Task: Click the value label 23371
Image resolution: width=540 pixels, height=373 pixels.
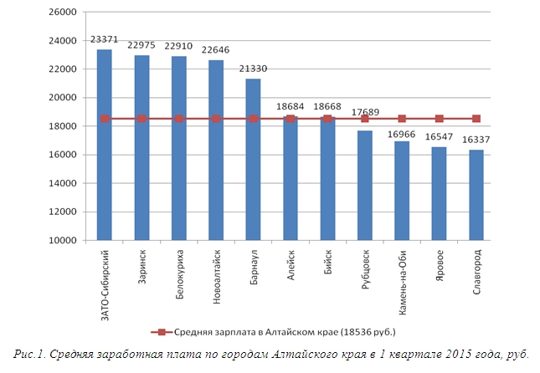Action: click(105, 40)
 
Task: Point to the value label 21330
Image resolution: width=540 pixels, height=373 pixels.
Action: click(253, 69)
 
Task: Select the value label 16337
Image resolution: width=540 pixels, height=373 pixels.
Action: click(476, 141)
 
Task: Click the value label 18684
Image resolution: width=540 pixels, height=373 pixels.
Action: click(291, 107)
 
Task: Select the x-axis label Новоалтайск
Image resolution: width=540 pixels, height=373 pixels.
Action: click(216, 269)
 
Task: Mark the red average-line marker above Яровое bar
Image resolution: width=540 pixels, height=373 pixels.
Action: click(440, 119)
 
